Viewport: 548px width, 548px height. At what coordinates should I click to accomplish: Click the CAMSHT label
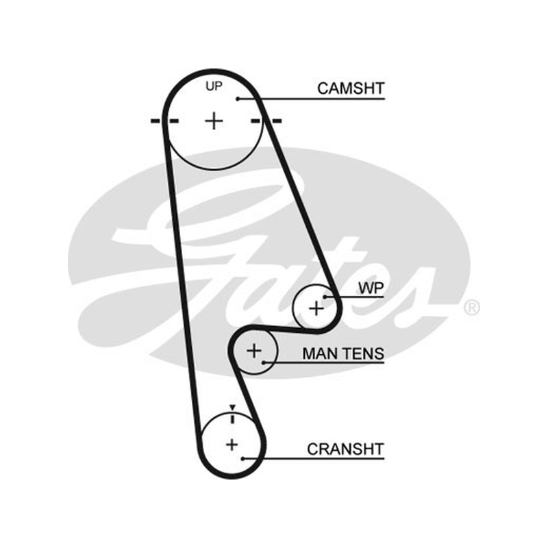[351, 88]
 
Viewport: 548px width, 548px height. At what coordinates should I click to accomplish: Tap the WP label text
[371, 288]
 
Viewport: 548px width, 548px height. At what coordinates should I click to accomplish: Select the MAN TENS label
[343, 353]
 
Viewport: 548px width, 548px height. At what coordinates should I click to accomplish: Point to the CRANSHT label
[346, 449]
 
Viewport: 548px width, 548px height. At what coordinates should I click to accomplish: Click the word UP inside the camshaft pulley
[214, 86]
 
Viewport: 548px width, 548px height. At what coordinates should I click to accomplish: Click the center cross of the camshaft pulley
[214, 121]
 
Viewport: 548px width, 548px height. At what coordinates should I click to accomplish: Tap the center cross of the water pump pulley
[316, 309]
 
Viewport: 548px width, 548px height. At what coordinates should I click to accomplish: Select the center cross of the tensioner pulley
[254, 351]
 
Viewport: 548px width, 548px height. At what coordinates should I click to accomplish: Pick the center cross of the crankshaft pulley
[232, 445]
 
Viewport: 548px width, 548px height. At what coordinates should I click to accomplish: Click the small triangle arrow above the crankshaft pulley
[232, 407]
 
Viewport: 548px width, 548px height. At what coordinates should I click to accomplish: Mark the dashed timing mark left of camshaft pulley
[164, 121]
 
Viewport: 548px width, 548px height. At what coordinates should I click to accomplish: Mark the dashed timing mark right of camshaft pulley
[266, 121]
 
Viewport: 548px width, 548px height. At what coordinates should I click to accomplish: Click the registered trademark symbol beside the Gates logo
[472, 308]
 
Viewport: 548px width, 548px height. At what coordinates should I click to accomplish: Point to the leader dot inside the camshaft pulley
[238, 99]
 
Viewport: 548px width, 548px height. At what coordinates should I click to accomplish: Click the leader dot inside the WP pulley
[325, 297]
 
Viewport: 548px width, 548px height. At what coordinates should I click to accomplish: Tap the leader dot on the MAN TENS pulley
[264, 362]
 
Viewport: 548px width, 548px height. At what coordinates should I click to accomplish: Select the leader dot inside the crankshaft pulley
[242, 458]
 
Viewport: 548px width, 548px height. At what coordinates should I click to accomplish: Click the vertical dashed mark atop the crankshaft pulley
[232, 418]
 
